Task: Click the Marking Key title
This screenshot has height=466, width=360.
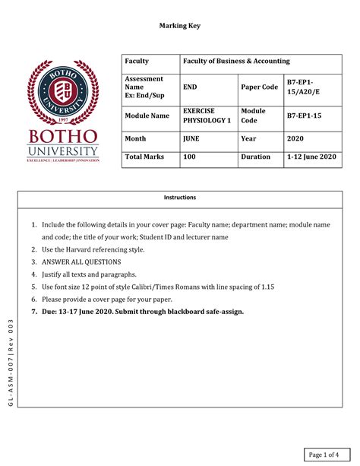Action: coord(179,26)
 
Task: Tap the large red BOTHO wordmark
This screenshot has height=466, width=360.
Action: coord(63,136)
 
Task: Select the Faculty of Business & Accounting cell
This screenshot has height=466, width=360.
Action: coord(235,61)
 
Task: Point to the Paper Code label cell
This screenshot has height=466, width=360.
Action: coord(259,87)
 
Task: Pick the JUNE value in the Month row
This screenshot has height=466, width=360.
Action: coord(191,139)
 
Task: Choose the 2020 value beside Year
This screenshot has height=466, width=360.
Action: coord(295,139)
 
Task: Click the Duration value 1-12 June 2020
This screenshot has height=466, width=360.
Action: coord(311,157)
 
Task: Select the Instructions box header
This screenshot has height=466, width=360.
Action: coord(180,198)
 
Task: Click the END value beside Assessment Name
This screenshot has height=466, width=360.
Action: coord(191,87)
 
